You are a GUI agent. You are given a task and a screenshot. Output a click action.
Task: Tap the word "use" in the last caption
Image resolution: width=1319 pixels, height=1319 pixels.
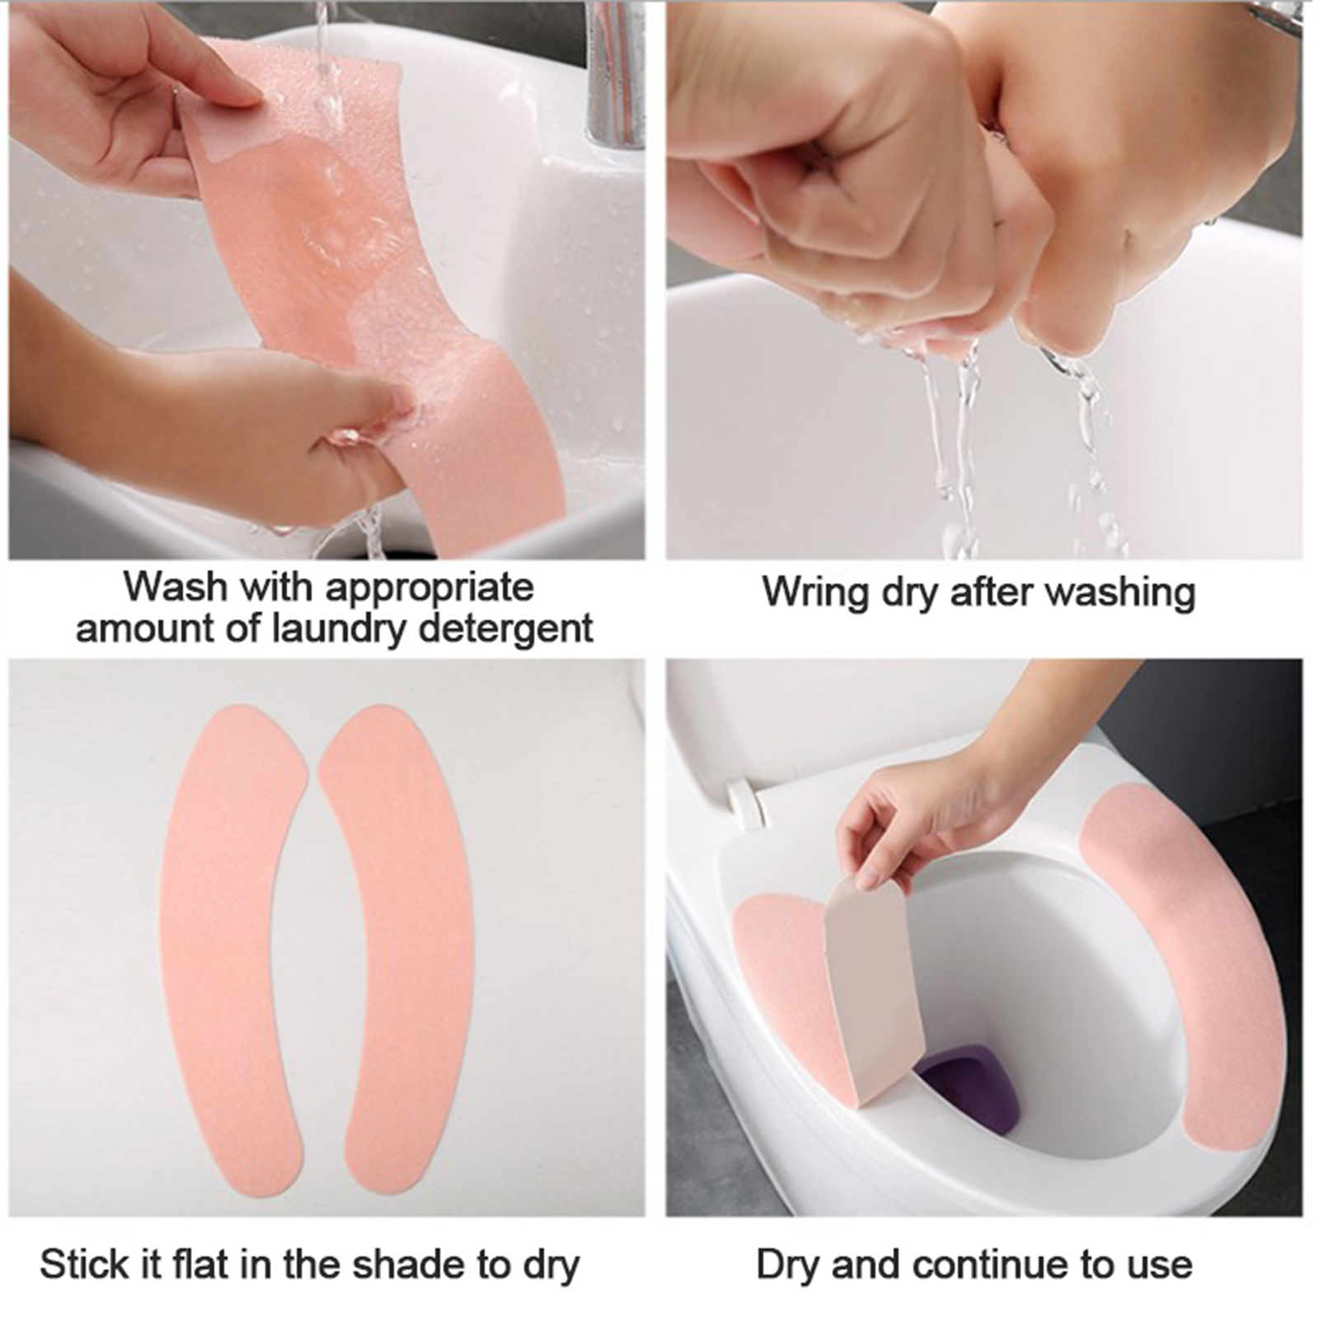[1162, 1266]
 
